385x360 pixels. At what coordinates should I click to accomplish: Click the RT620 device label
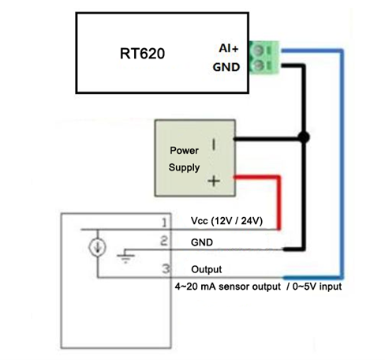point(142,54)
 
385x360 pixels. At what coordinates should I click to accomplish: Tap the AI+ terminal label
point(229,48)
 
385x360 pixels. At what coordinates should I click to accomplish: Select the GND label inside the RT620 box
point(226,67)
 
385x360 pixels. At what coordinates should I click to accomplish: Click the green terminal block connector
point(264,58)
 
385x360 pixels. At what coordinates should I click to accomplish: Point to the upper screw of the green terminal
point(258,50)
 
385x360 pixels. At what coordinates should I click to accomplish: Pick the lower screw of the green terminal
point(258,65)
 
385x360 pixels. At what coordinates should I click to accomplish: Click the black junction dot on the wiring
point(304,137)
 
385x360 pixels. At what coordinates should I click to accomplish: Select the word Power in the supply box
point(184,151)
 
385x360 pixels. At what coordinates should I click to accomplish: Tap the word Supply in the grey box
point(184,167)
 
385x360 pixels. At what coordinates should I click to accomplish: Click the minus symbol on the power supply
point(214,144)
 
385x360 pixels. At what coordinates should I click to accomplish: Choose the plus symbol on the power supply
point(214,181)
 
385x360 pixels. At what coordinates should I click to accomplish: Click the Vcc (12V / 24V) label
point(226,220)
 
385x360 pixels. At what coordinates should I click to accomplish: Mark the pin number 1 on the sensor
point(164,223)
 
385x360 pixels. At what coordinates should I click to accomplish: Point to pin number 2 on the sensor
point(164,241)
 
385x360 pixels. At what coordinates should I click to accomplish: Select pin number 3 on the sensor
point(166,268)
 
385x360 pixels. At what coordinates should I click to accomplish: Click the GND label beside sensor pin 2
point(202,242)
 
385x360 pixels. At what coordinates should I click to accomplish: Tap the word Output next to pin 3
point(207,269)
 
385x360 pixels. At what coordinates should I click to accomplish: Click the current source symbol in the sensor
point(97,247)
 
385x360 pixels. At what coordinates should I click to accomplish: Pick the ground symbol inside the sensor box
point(126,257)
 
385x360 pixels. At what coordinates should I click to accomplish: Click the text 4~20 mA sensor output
point(228,287)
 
